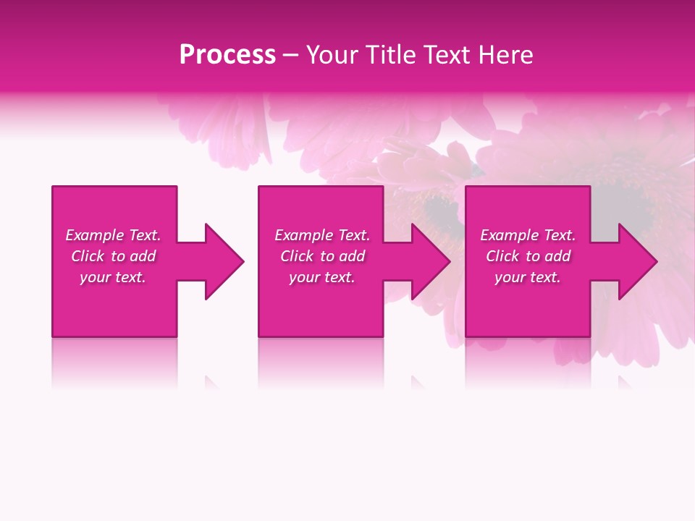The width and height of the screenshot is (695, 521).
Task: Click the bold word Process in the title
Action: click(227, 55)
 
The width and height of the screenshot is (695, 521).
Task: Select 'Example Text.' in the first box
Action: click(113, 235)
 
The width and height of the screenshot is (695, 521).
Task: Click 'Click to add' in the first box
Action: click(113, 256)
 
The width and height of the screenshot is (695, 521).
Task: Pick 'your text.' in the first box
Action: click(113, 277)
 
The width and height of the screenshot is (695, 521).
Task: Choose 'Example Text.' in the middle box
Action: click(322, 235)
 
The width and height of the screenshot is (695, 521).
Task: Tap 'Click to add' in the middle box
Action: click(322, 256)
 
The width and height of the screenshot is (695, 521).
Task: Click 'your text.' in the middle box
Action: click(322, 277)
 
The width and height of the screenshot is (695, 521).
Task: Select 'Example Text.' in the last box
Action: click(528, 235)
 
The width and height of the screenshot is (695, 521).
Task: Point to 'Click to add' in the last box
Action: click(528, 256)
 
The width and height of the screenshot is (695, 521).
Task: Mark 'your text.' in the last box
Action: click(528, 277)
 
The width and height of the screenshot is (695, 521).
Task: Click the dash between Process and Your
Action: click(291, 56)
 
